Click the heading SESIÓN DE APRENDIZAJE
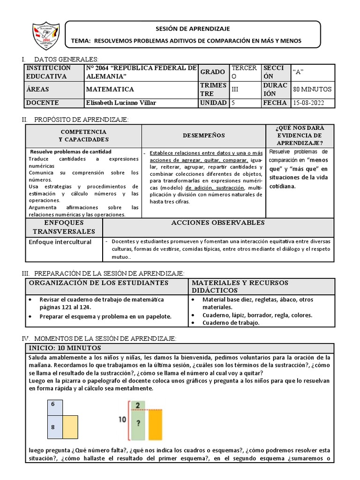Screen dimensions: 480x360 point(193,29)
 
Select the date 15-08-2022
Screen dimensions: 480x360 point(308,103)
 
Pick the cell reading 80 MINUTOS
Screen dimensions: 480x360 point(312,89)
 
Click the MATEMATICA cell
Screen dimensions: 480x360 point(110,89)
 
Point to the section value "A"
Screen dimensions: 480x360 point(298,72)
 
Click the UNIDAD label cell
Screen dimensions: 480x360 point(214,103)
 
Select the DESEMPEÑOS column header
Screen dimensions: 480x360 point(203,135)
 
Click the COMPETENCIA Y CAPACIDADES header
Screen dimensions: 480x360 point(83,135)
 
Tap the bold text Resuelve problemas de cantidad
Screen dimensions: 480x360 point(71,152)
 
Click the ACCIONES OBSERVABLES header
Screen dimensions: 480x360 point(218,223)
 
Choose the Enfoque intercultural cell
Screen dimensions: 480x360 point(60,242)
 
